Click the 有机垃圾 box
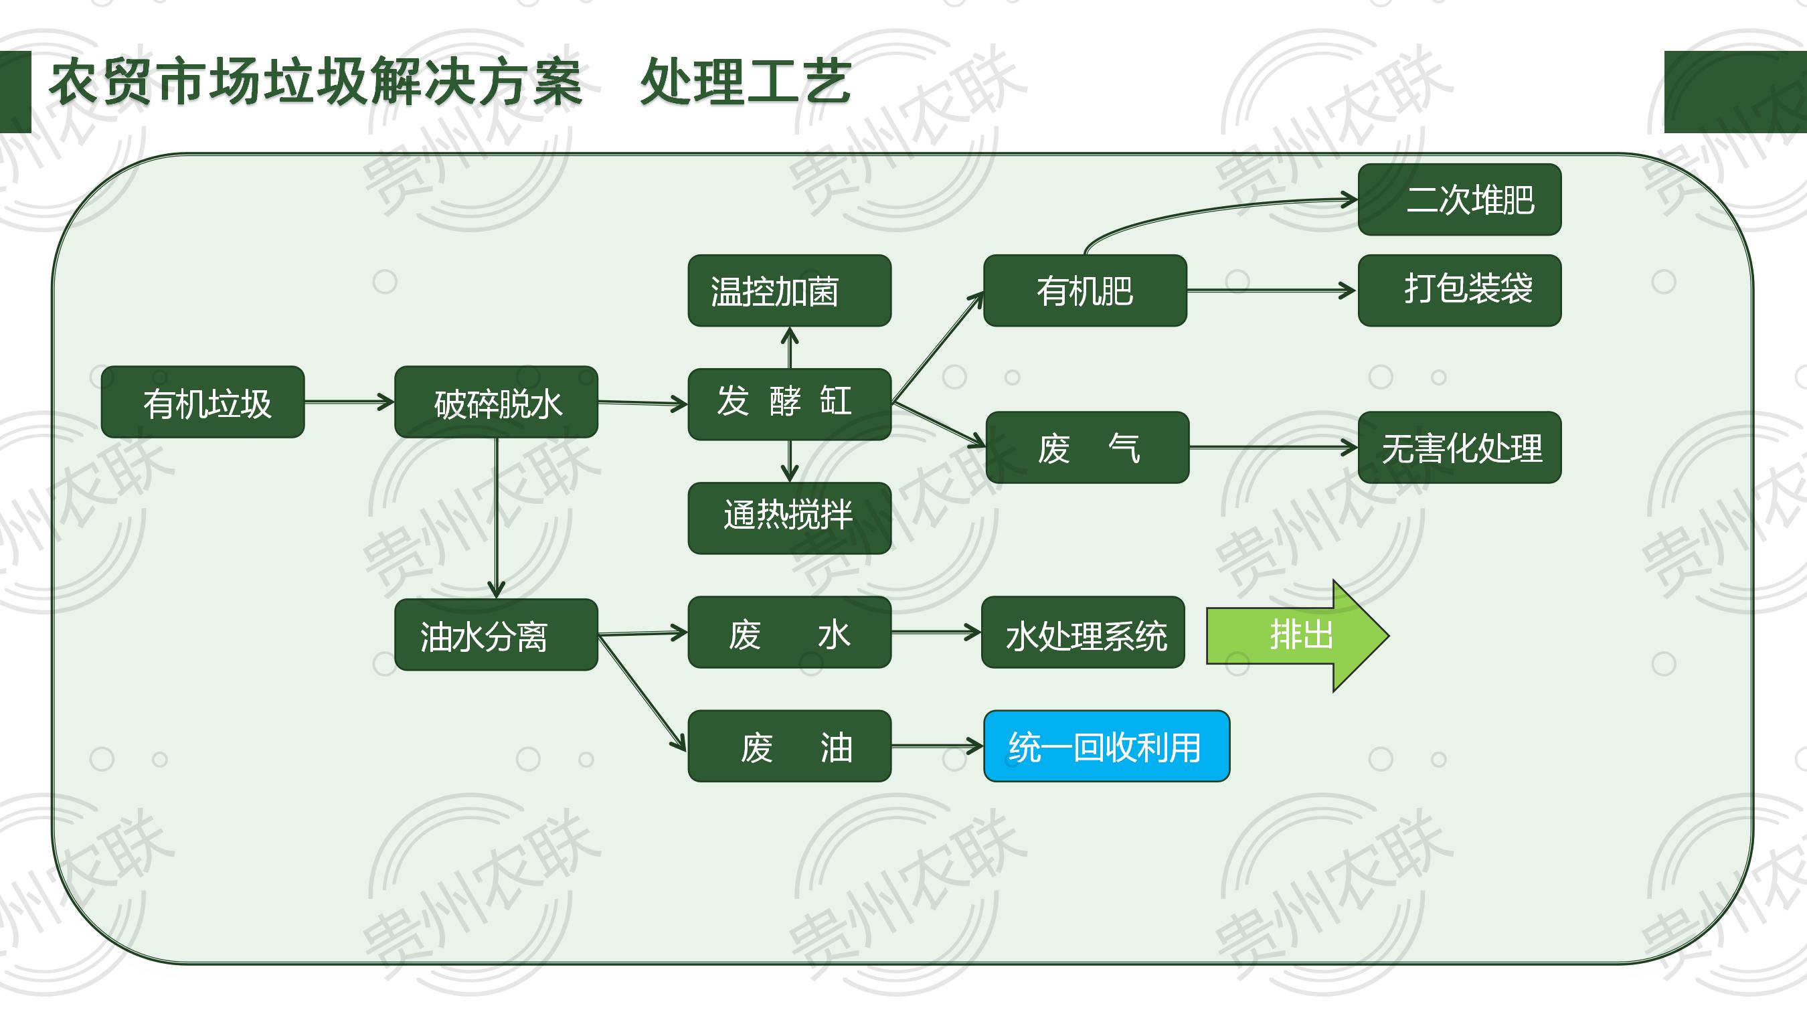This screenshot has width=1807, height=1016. [203, 402]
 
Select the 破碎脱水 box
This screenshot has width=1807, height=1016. [496, 402]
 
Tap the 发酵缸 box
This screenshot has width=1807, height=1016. [789, 404]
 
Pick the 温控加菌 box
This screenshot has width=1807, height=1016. [789, 290]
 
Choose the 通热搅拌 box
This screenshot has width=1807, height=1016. [789, 518]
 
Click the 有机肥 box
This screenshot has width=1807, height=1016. [1084, 290]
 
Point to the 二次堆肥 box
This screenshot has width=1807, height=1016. [1459, 199]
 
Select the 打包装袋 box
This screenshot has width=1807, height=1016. [1459, 290]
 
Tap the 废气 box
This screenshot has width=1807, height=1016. [1088, 447]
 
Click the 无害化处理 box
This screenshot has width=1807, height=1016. [1459, 447]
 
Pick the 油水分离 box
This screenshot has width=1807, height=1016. [496, 634]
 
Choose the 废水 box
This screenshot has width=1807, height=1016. [789, 632]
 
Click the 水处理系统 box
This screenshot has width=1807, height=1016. [1083, 632]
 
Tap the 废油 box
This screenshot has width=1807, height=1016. [789, 746]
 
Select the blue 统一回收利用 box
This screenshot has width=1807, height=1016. [1106, 746]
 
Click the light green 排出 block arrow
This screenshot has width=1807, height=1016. [1296, 635]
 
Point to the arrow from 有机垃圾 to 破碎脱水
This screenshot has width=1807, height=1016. [349, 402]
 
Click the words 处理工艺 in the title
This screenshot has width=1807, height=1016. [746, 82]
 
